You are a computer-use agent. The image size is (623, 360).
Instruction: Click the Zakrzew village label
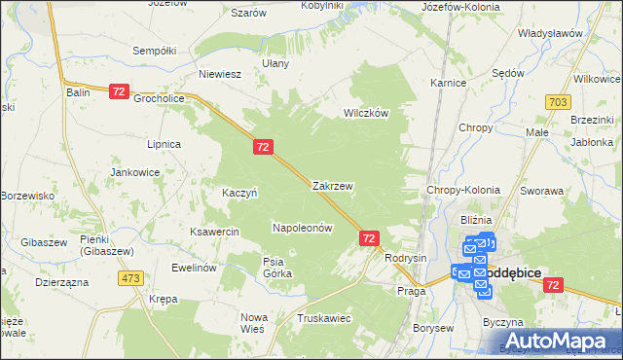coord(332,185)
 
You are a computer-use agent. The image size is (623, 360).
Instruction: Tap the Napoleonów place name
coord(302,228)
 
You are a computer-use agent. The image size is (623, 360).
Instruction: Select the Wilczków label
coord(366,113)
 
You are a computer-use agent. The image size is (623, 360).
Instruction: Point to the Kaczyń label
coord(239,193)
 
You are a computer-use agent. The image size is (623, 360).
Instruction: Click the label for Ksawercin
coord(215,233)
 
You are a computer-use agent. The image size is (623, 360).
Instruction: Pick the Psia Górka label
coord(277,267)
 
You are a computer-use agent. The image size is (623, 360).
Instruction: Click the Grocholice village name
coord(159,98)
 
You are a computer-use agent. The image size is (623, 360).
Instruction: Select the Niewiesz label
coord(219,73)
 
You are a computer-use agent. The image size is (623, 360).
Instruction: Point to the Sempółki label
coord(153,49)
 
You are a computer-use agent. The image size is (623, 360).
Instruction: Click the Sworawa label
coord(542,192)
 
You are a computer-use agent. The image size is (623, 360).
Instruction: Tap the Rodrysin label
coord(406,258)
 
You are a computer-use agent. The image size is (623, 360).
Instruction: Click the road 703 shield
coord(558,101)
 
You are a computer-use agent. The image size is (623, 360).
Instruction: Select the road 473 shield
coord(131,278)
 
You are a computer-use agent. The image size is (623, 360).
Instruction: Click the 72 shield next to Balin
coord(119,91)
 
